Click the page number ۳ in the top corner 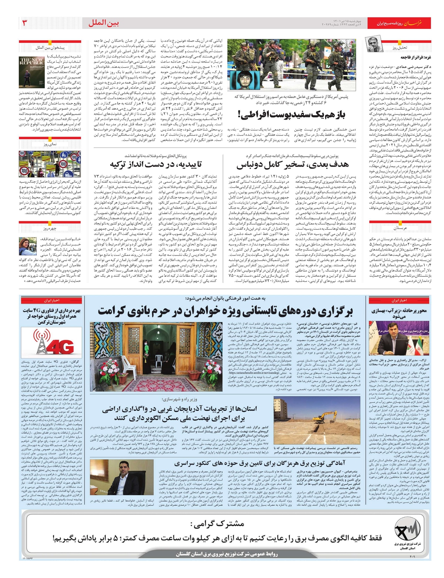tap(25, 23)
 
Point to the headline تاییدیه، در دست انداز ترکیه tap(156, 164)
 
